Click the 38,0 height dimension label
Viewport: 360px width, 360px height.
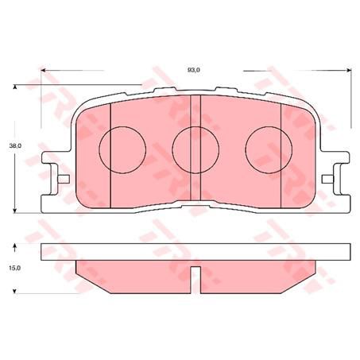pos(14,147)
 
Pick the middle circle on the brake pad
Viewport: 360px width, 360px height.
pos(192,148)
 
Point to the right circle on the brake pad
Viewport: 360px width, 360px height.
pos(262,148)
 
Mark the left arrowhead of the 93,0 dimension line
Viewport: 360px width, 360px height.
pos(44,71)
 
